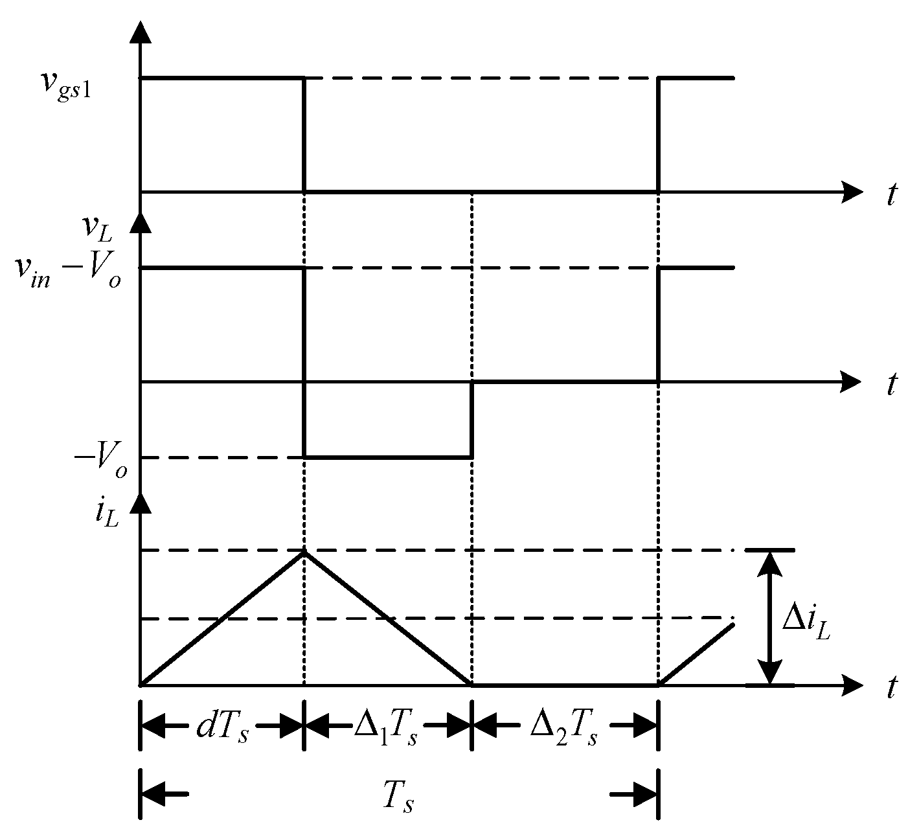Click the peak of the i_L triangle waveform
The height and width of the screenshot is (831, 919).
304,551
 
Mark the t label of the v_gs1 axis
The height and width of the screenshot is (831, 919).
892,196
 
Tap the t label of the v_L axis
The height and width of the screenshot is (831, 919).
892,385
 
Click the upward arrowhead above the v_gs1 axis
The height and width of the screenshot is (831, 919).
141,32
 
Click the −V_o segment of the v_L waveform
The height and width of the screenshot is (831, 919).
388,457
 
